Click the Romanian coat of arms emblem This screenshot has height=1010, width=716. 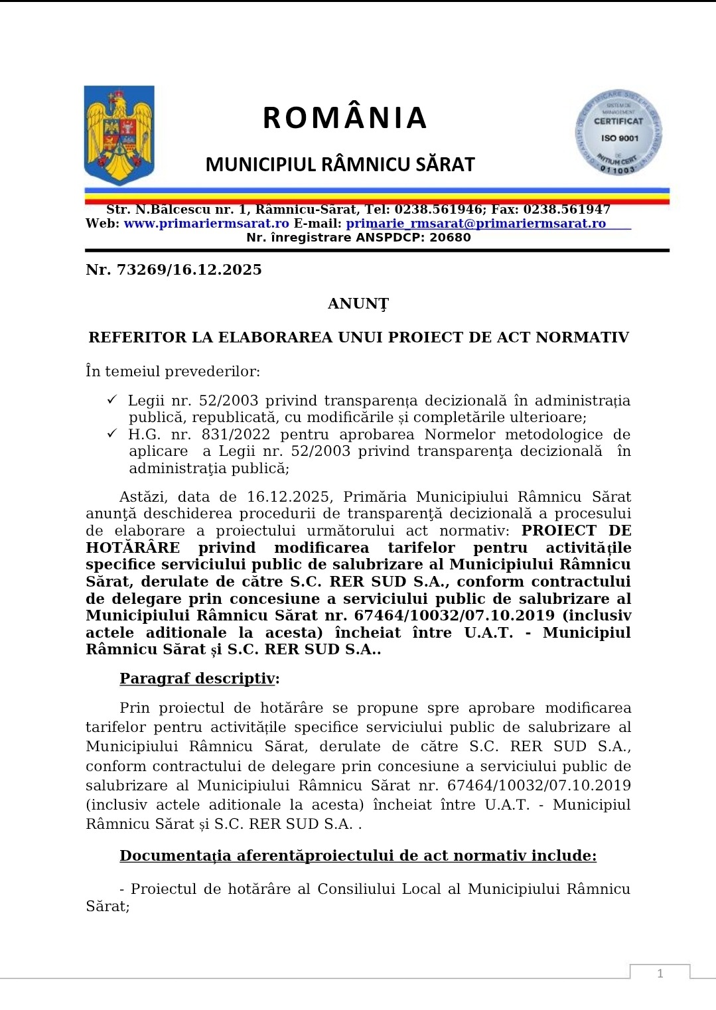click(119, 135)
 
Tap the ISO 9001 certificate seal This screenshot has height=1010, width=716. click(618, 133)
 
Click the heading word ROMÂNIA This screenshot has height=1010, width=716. click(344, 118)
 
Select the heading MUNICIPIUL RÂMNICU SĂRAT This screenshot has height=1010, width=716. click(340, 165)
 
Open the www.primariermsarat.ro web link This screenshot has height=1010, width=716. click(206, 224)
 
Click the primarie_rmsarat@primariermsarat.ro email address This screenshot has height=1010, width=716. click(476, 224)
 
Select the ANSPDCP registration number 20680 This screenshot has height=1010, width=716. click(450, 238)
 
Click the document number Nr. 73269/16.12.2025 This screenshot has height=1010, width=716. click(174, 270)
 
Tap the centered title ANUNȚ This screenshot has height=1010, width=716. click(358, 304)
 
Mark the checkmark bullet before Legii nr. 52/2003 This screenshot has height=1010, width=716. click(112, 399)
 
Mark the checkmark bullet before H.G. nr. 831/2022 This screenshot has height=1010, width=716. click(112, 433)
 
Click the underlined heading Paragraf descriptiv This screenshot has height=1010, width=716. click(197, 679)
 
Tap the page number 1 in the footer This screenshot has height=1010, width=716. click(660, 974)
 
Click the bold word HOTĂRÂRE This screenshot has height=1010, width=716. click(133, 548)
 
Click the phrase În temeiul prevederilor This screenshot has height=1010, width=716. click(172, 372)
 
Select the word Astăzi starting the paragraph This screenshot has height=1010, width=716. click(143, 497)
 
